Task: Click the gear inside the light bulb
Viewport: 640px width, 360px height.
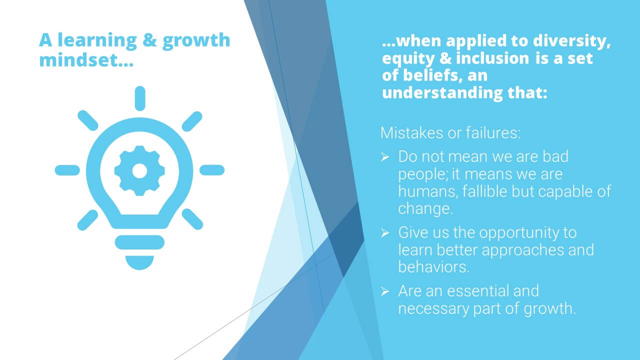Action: pyautogui.click(x=139, y=170)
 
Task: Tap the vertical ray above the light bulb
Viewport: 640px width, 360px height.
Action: pyautogui.click(x=140, y=98)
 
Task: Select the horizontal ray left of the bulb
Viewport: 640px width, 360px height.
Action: pyautogui.click(x=67, y=170)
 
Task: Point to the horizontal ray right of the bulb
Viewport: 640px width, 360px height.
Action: pyautogui.click(x=212, y=170)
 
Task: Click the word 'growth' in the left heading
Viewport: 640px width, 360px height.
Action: pyautogui.click(x=196, y=40)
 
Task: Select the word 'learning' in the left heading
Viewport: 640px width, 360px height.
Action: pyautogui.click(x=97, y=40)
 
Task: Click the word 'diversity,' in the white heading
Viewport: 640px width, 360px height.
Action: pyautogui.click(x=571, y=41)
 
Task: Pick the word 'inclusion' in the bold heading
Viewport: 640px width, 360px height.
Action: pyautogui.click(x=492, y=58)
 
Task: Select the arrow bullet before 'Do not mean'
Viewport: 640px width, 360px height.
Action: pyautogui.click(x=385, y=157)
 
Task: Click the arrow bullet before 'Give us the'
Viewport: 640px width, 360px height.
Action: pyautogui.click(x=385, y=233)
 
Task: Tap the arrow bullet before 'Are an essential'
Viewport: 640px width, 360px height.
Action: pyautogui.click(x=385, y=291)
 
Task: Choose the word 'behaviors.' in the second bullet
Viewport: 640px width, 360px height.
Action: pyautogui.click(x=433, y=267)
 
